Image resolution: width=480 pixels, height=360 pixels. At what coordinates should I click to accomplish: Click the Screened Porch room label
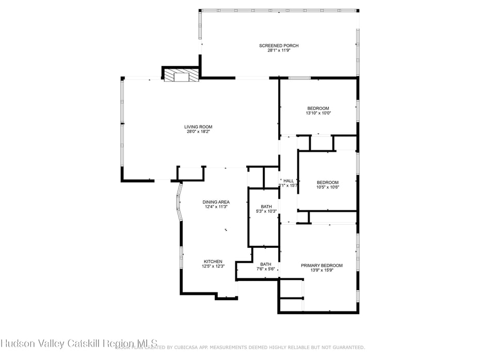(x=279, y=46)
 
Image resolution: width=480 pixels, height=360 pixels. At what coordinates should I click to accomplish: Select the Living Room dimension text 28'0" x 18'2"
(x=198, y=132)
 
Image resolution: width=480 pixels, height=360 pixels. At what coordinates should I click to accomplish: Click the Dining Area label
(x=216, y=202)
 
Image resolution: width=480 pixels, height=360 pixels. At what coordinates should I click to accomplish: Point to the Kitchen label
(x=213, y=261)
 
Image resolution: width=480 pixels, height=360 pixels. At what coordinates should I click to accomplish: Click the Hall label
(x=289, y=181)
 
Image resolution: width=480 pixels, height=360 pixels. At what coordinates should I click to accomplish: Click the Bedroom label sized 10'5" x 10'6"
(x=327, y=182)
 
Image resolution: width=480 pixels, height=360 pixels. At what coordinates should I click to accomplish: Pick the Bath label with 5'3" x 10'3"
(x=266, y=207)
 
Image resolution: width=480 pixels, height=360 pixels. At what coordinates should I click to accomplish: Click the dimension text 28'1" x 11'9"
(x=279, y=51)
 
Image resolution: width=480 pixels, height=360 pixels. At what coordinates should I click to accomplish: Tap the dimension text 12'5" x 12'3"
(x=213, y=267)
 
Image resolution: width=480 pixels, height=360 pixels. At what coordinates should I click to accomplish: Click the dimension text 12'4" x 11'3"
(x=216, y=207)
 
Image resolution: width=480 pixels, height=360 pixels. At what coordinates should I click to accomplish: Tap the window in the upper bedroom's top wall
(x=299, y=78)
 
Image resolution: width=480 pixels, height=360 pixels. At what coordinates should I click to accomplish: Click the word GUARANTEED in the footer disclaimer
(x=346, y=348)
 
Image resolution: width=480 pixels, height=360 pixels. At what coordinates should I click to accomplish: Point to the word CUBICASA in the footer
(x=206, y=348)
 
